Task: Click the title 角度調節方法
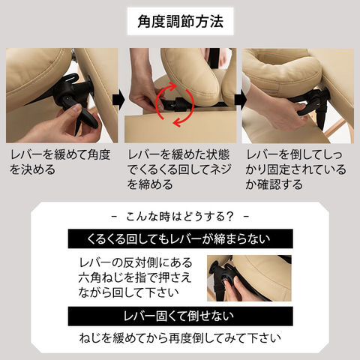180,21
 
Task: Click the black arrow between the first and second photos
118,100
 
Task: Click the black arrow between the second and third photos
241,100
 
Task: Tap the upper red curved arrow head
172,86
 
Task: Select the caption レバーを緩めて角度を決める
60,162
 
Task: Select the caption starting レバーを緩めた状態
179,169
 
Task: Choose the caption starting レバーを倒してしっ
295,169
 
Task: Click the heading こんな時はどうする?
180,217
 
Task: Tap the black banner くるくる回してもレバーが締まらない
180,238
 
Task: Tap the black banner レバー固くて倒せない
180,316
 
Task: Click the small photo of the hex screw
249,278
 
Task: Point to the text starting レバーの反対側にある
135,277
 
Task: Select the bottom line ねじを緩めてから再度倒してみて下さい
180,338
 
